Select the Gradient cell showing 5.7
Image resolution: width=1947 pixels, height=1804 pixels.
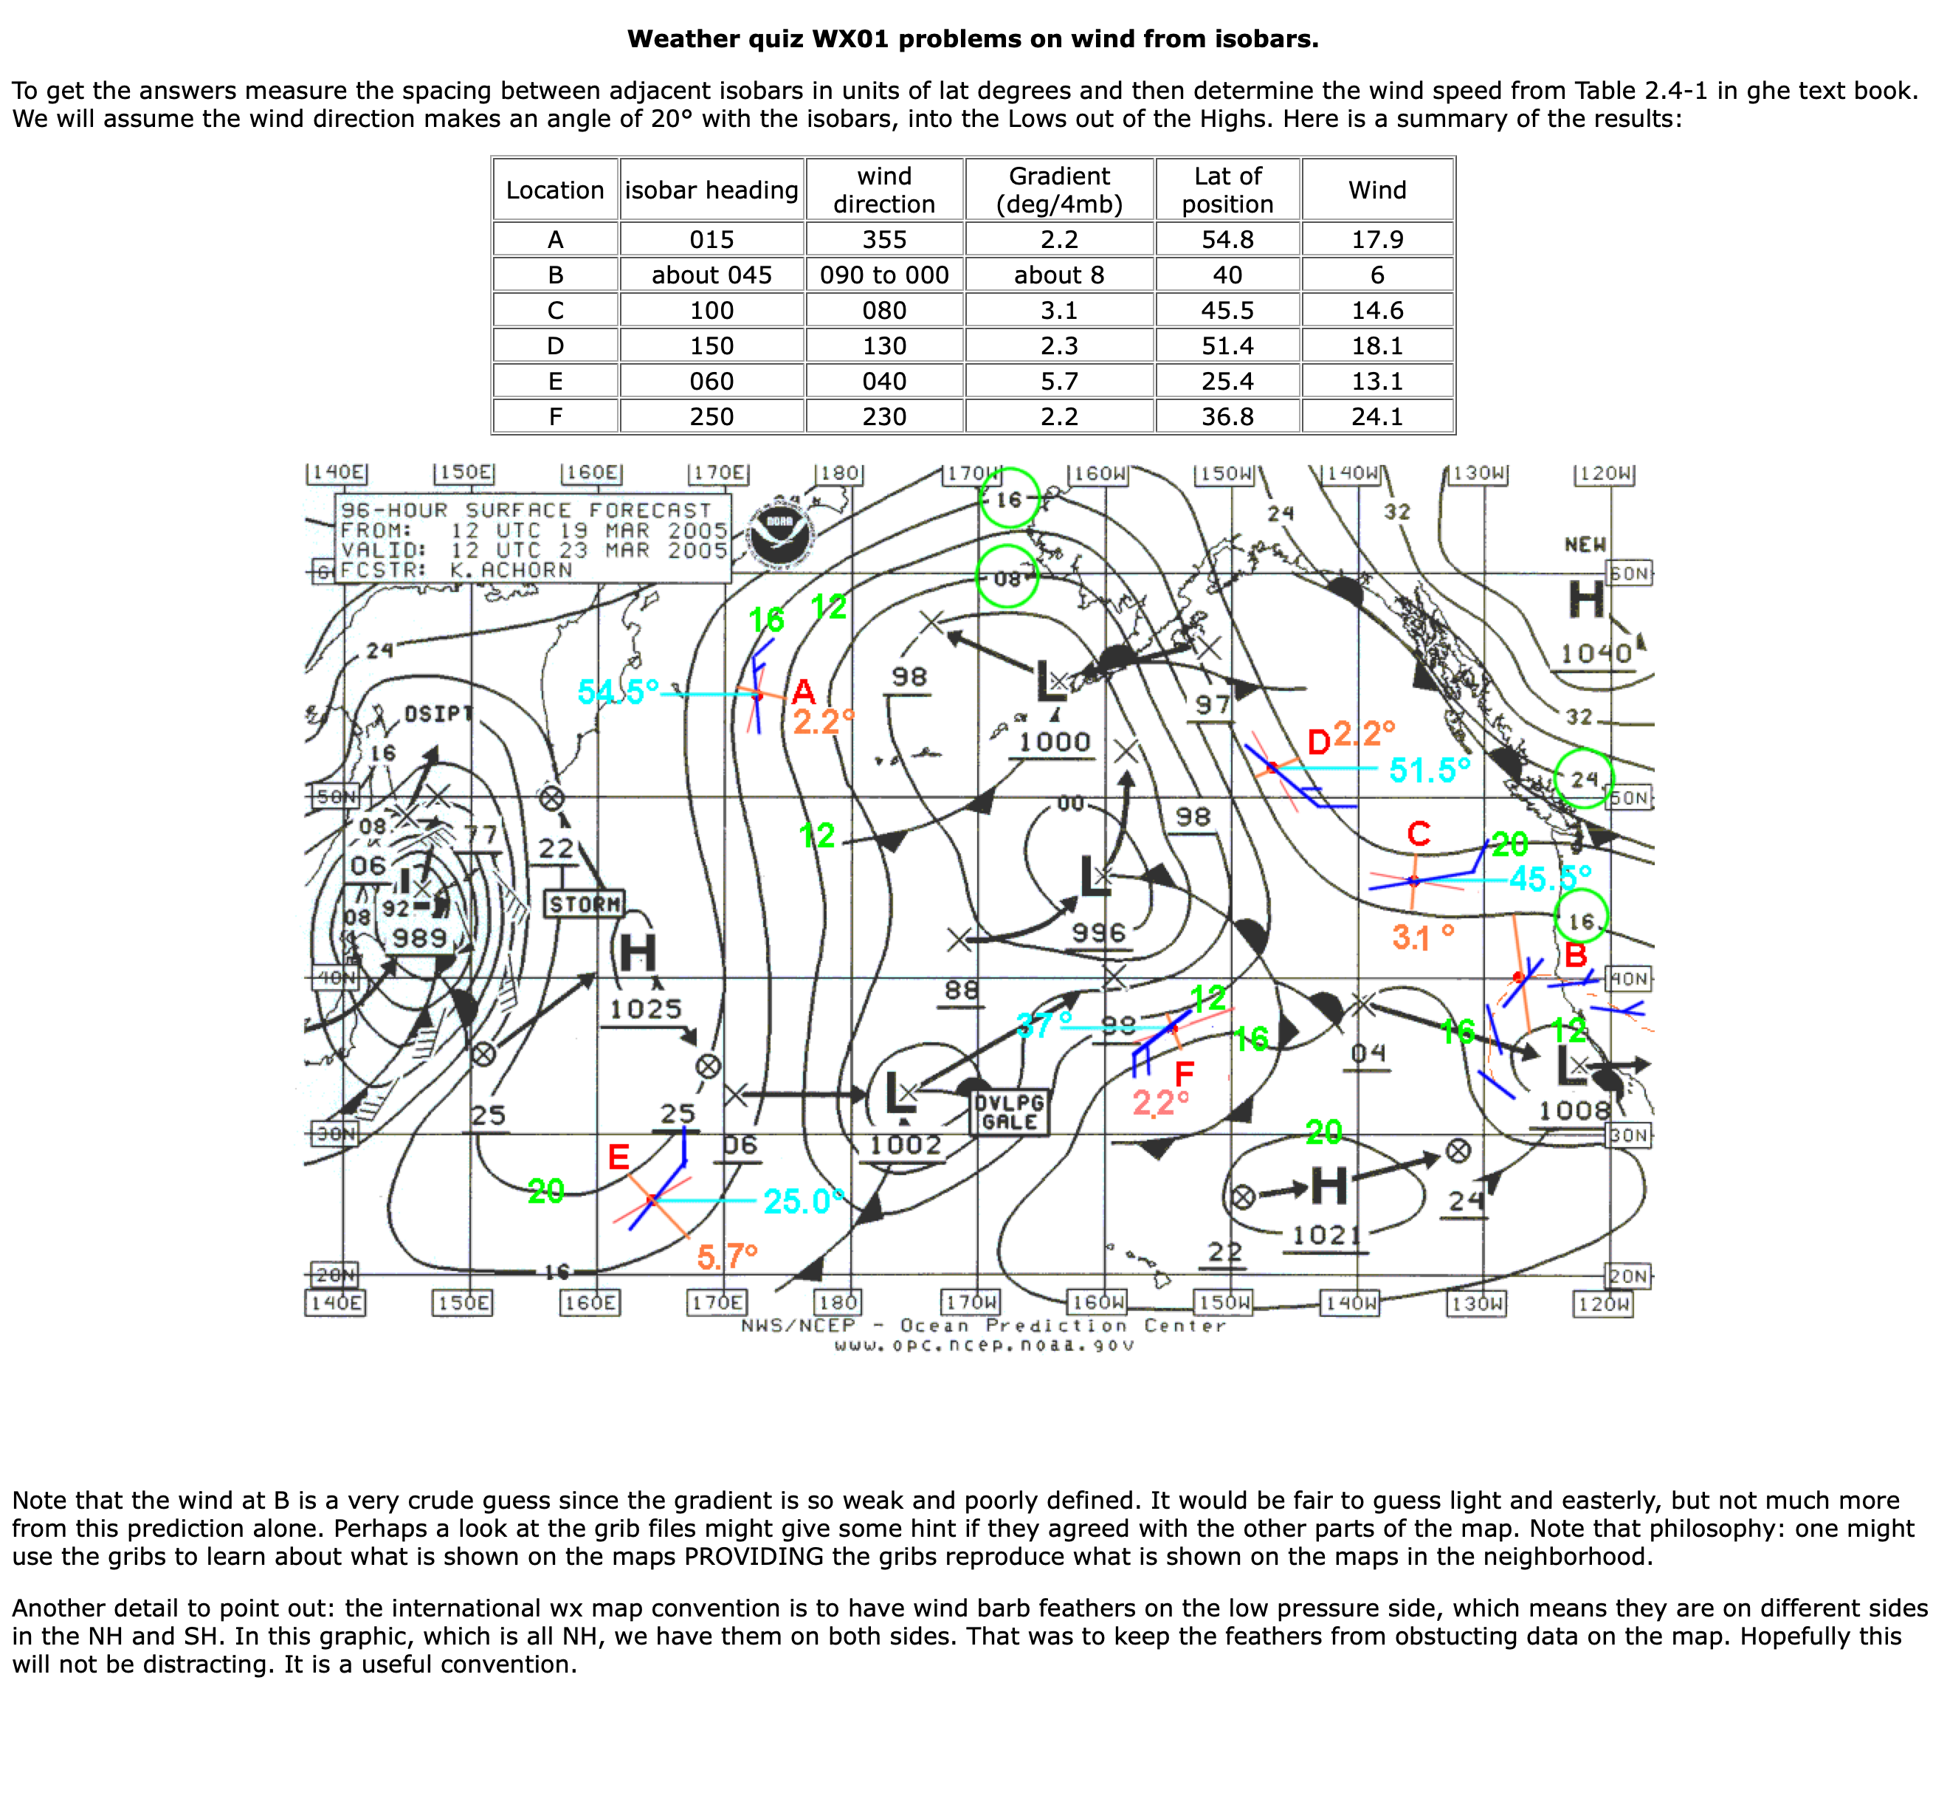(x=1059, y=381)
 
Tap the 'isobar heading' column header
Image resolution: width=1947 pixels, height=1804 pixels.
(x=711, y=190)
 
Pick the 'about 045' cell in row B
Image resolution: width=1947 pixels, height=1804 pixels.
(x=711, y=275)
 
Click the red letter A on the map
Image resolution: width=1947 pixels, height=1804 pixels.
(x=803, y=692)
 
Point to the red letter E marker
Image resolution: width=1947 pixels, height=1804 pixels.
(x=618, y=1157)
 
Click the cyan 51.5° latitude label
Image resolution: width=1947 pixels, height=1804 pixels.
(x=1429, y=770)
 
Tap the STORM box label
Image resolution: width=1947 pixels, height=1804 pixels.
(x=585, y=904)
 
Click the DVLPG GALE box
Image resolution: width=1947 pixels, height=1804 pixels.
(x=1010, y=1112)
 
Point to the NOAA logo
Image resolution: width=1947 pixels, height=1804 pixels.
(x=781, y=536)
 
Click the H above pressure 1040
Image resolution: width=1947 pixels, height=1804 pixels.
(x=1586, y=599)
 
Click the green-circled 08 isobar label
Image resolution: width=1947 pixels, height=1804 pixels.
(x=1007, y=578)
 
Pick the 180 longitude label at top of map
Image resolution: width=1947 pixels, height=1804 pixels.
(x=839, y=473)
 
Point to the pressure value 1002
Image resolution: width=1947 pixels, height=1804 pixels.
(x=906, y=1144)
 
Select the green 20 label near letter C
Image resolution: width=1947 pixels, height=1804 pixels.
(x=1509, y=844)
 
